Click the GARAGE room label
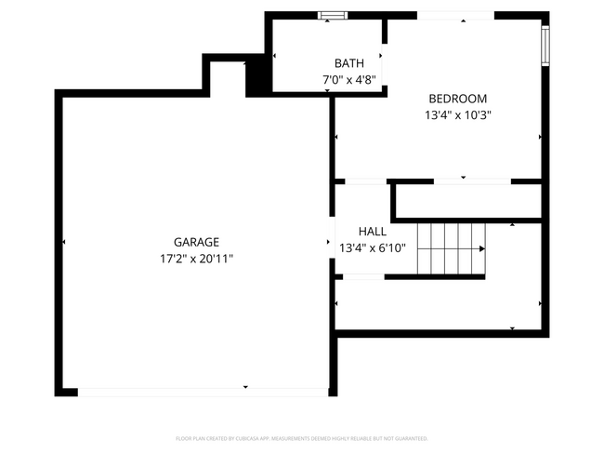tap(196, 242)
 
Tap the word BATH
tap(348, 64)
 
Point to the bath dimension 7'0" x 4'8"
tap(348, 80)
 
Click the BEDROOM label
tap(457, 99)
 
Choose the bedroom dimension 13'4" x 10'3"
tap(457, 115)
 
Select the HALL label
tap(373, 231)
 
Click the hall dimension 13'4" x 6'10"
tap(373, 247)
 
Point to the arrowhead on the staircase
tap(481, 248)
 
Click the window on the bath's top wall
tap(332, 15)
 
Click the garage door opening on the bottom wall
tap(203, 392)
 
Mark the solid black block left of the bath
tap(257, 78)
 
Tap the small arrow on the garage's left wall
tap(64, 242)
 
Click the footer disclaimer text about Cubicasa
tap(301, 437)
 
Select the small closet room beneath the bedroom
tap(468, 201)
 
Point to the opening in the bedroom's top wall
tap(454, 16)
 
